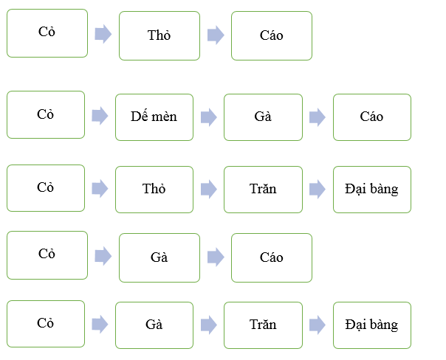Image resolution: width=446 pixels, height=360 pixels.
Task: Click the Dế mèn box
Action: point(154,117)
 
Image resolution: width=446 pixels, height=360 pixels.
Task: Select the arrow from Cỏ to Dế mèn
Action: point(100,116)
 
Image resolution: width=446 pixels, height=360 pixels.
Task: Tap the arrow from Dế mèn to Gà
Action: point(208,117)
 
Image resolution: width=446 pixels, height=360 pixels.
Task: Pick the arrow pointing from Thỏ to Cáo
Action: point(215,35)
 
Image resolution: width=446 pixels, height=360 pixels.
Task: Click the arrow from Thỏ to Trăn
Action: point(208,189)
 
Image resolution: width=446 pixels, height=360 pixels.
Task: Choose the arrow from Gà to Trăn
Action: point(208,325)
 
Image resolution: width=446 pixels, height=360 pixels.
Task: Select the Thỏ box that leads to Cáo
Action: point(159,35)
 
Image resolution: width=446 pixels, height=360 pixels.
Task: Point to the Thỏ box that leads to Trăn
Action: point(154,189)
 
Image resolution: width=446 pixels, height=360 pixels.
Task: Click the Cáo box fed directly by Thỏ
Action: point(271,35)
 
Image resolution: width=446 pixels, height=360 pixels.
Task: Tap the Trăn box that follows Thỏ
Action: point(263,189)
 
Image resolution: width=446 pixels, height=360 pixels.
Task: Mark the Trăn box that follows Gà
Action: point(263,325)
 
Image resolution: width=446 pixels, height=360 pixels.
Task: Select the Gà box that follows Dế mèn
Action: point(263,117)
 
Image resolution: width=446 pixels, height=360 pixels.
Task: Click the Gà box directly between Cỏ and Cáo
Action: point(159,257)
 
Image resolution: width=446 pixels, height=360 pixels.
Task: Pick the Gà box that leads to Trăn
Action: point(154,325)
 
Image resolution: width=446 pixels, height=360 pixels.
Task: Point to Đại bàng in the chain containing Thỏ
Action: point(371,189)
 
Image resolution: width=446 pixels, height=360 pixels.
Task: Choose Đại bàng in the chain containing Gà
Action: point(371,325)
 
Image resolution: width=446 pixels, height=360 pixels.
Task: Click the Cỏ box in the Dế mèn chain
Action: point(46,115)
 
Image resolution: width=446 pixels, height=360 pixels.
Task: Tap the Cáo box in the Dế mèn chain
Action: point(371,117)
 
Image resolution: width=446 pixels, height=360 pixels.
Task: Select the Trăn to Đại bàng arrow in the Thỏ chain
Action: point(317,189)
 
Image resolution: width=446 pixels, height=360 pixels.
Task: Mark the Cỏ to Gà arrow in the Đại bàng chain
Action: point(100,325)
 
